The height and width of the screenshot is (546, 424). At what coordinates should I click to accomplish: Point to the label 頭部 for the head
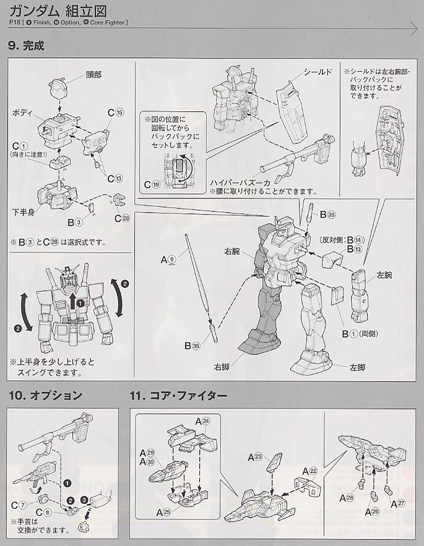pos(93,75)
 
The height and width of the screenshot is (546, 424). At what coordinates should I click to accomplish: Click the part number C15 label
pos(116,113)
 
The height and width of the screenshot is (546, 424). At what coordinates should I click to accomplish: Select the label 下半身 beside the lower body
pos(22,212)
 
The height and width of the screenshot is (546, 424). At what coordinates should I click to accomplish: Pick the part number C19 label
pos(152,184)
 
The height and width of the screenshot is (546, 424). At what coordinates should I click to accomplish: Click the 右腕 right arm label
pos(232,252)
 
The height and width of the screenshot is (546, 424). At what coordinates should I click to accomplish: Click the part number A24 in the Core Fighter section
pos(202,420)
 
